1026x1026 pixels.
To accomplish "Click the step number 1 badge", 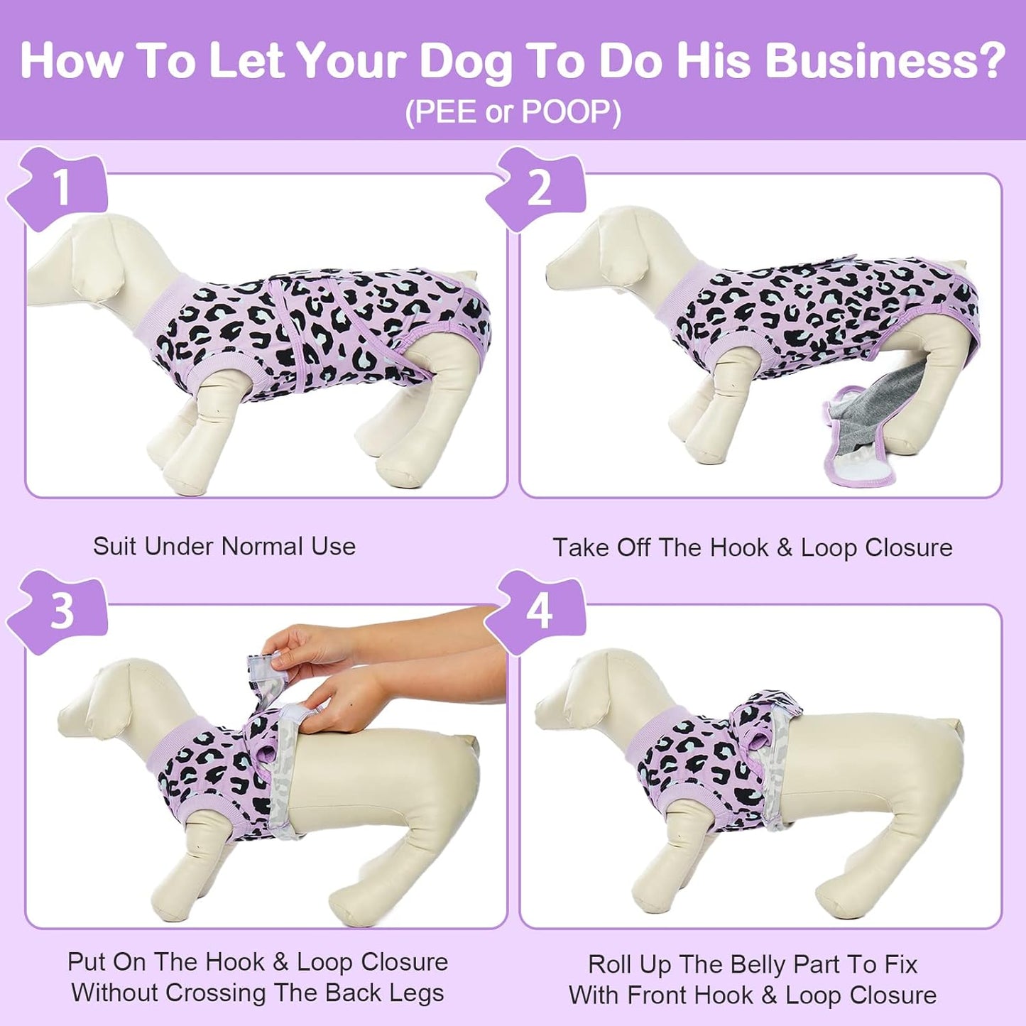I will click(60, 188).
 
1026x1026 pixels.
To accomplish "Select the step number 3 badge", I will click(61, 611).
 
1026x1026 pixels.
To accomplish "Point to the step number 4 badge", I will click(540, 611).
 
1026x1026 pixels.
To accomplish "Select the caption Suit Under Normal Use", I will click(224, 546).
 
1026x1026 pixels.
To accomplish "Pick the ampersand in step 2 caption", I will click(784, 547).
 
